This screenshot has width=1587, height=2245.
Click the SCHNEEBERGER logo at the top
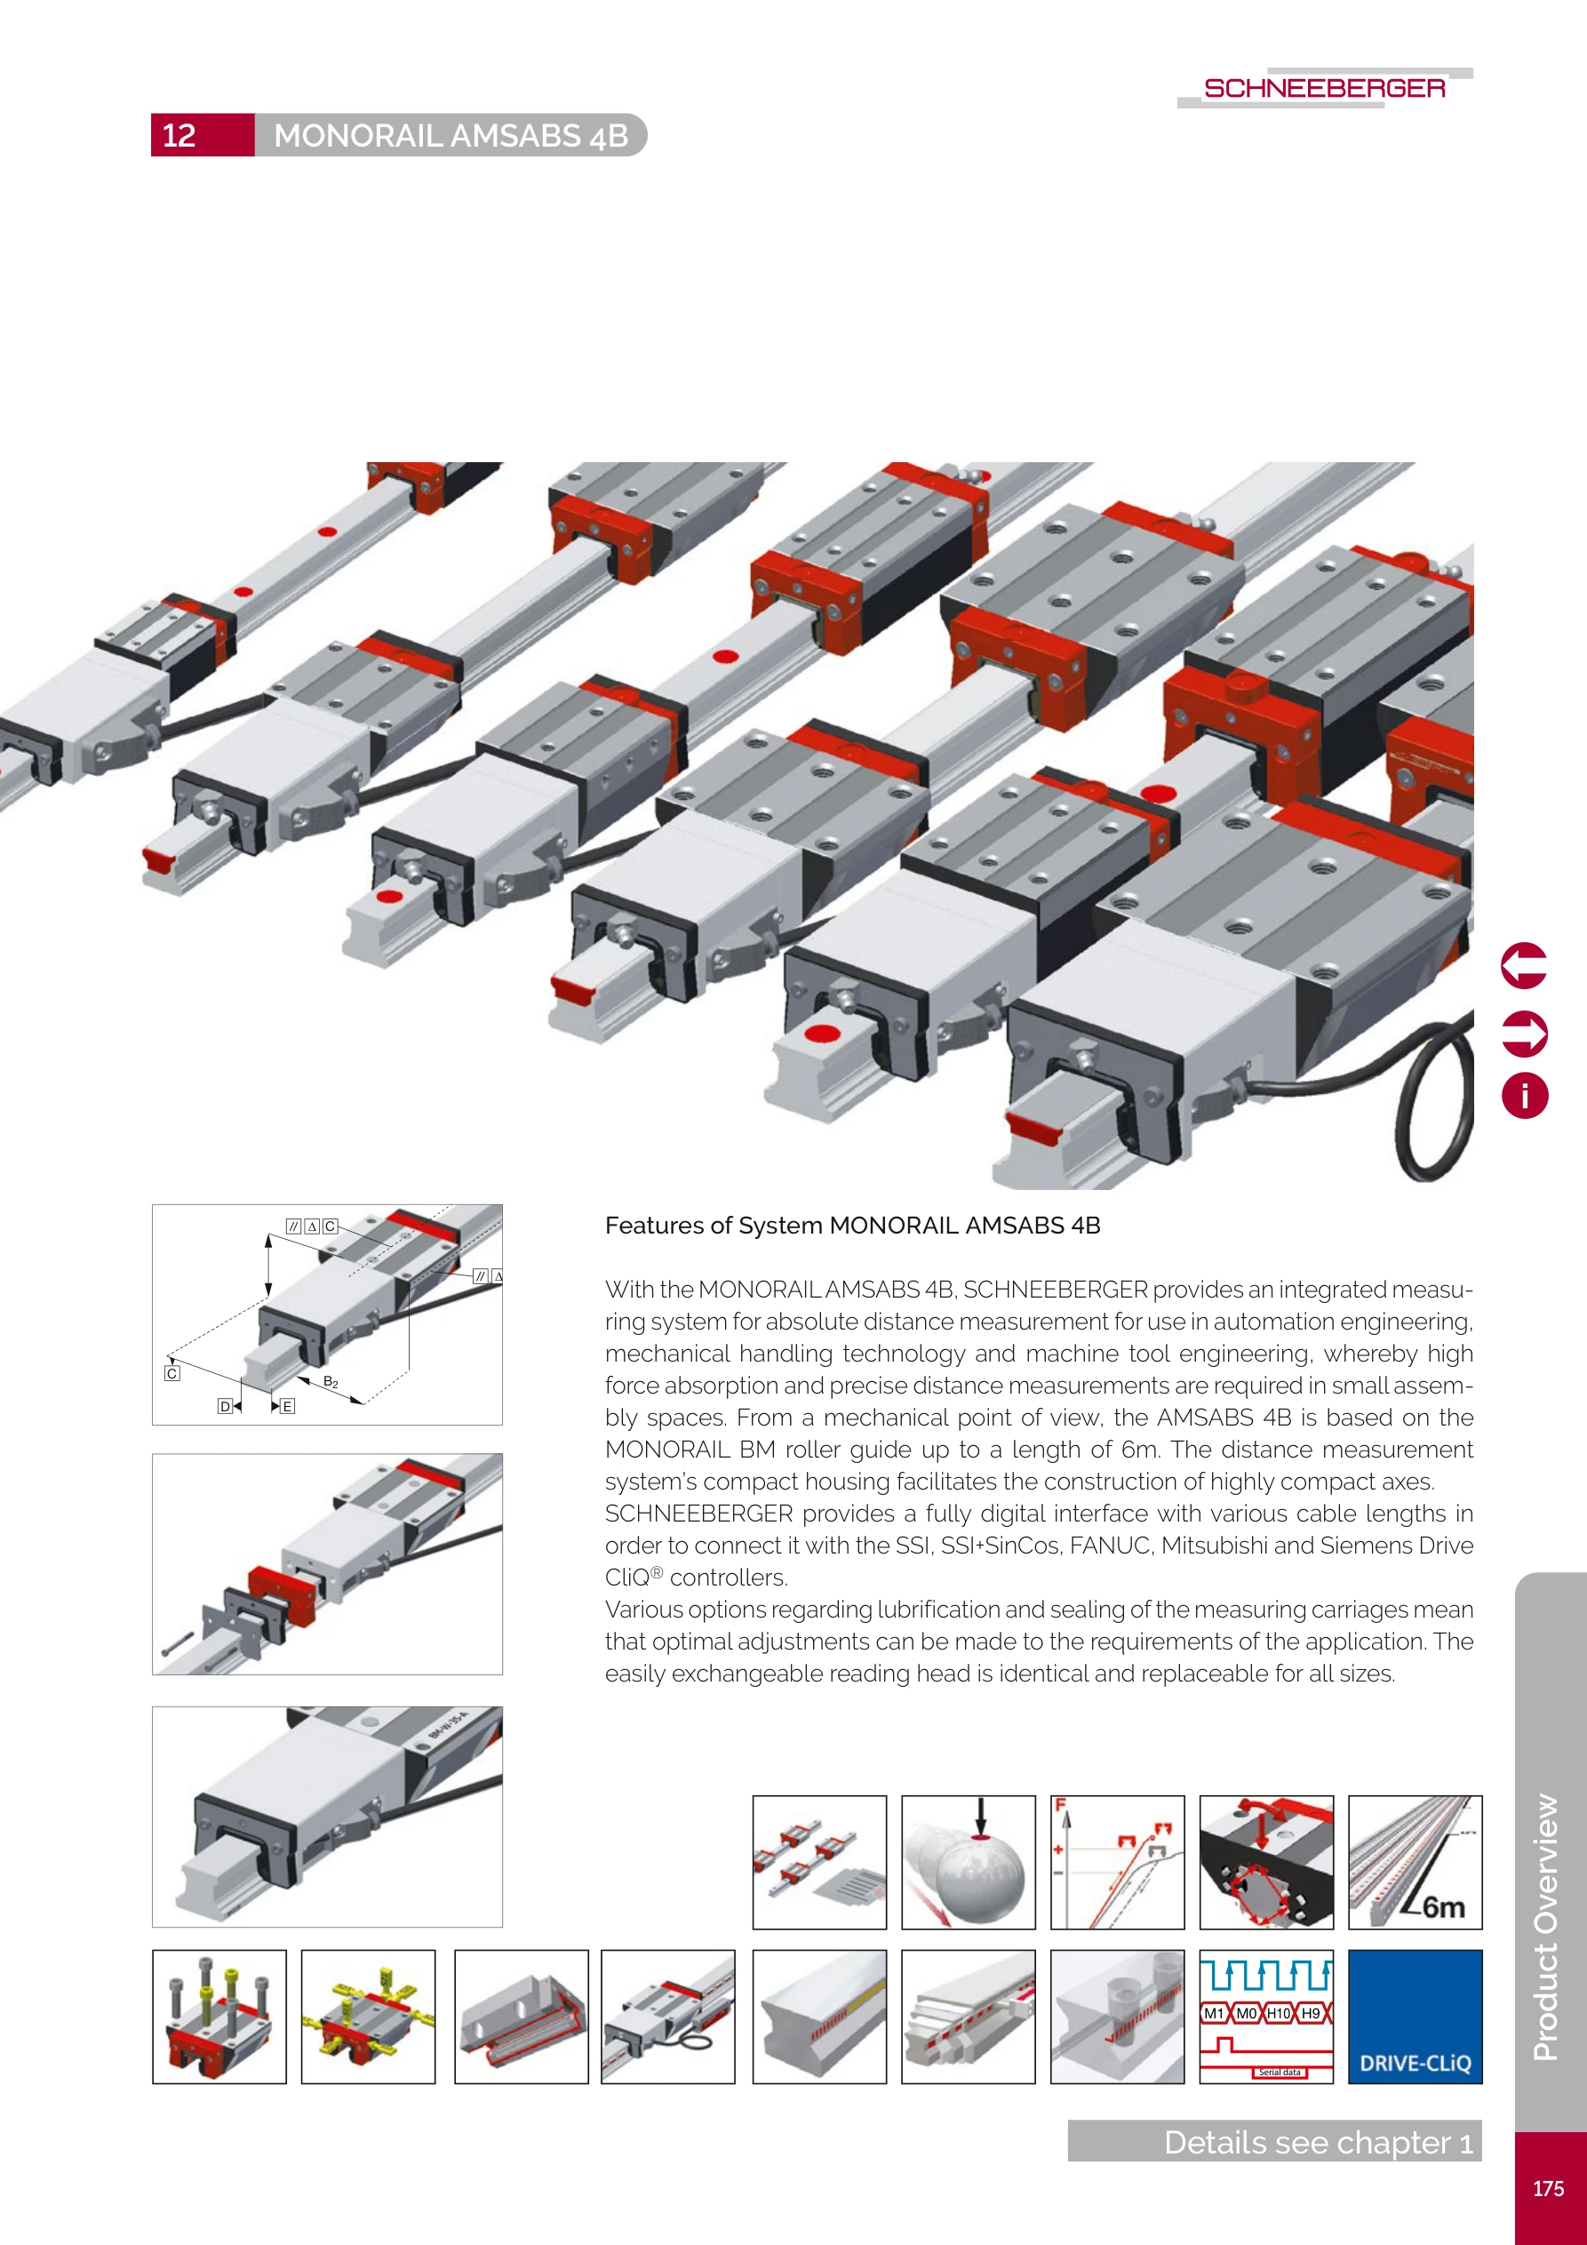click(1324, 88)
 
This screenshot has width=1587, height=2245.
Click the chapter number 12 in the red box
click(179, 135)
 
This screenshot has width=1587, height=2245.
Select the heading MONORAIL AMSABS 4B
click(451, 135)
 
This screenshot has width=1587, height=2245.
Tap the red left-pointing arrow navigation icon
click(1523, 966)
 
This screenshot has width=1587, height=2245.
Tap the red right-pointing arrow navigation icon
click(1523, 1034)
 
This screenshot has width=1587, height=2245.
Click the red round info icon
click(1523, 1095)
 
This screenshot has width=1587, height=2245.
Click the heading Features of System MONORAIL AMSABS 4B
click(851, 1226)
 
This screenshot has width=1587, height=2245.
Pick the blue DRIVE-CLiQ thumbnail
click(1414, 2017)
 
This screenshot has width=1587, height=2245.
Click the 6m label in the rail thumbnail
click(1443, 1906)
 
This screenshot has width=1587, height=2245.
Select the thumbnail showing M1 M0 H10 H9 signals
click(1265, 2017)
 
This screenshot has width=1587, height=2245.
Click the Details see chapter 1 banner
click(1274, 2141)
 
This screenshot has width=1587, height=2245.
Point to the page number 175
click(1548, 2188)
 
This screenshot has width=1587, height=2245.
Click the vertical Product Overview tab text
click(1546, 1926)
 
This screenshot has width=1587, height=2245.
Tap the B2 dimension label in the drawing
click(331, 1382)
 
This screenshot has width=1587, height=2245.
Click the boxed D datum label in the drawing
click(225, 1406)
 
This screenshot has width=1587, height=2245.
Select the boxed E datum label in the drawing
click(288, 1406)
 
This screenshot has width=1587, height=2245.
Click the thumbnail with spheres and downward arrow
click(967, 1862)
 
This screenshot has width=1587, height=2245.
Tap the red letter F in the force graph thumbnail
click(1060, 1805)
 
